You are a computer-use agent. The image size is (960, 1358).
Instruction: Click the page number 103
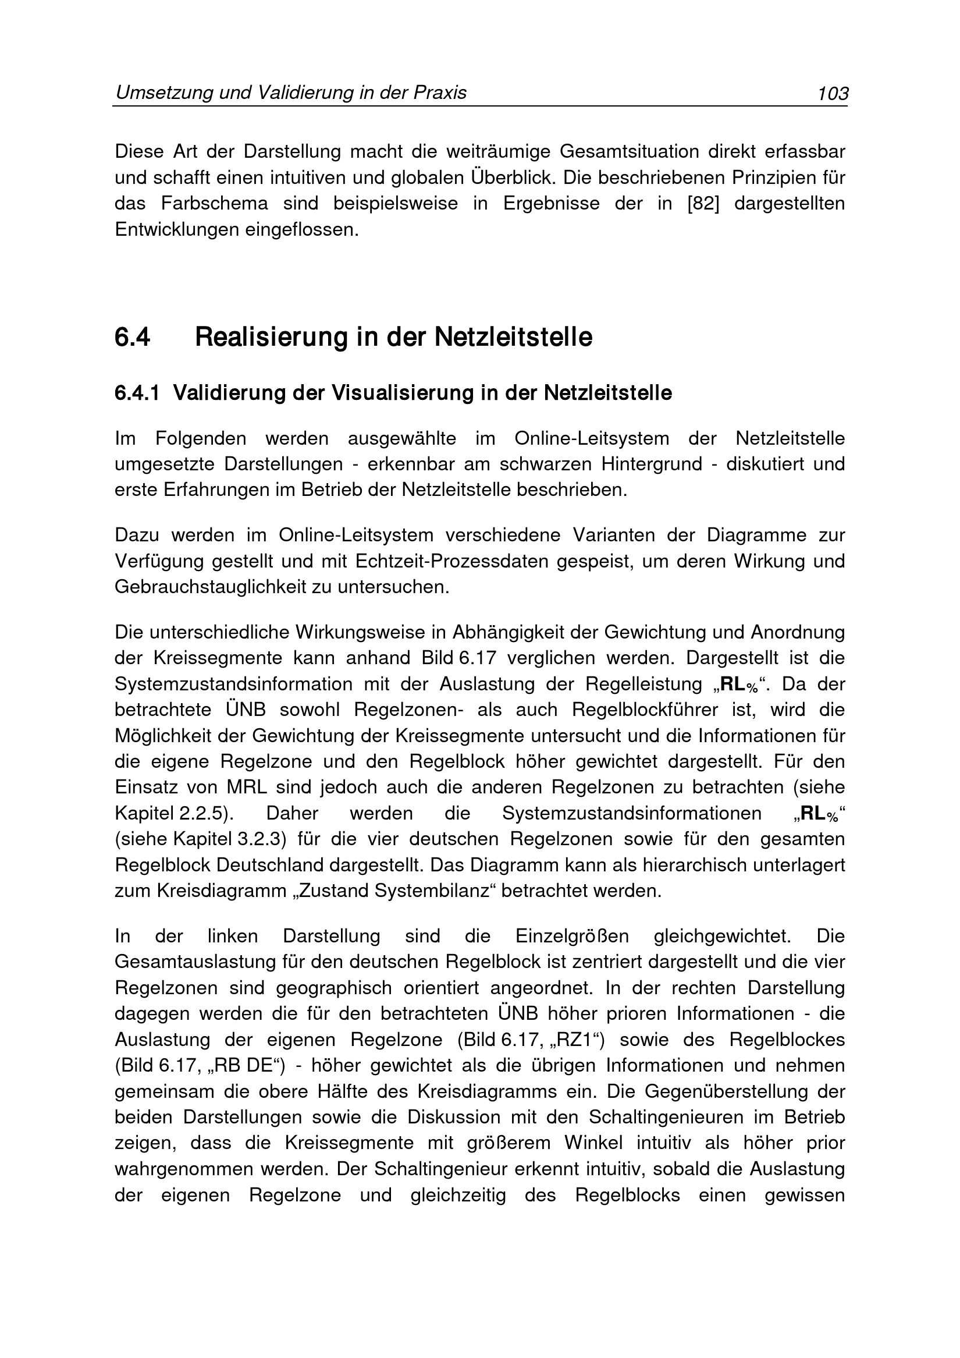pyautogui.click(x=833, y=94)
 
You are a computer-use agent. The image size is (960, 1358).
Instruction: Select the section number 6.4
pyautogui.click(x=133, y=337)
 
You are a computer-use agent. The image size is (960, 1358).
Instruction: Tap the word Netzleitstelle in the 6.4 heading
pyautogui.click(x=513, y=337)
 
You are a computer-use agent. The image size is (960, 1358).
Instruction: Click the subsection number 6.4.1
pyautogui.click(x=137, y=393)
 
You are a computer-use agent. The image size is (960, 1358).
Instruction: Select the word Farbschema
pyautogui.click(x=215, y=204)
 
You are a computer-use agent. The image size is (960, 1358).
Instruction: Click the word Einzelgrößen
pyautogui.click(x=572, y=937)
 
